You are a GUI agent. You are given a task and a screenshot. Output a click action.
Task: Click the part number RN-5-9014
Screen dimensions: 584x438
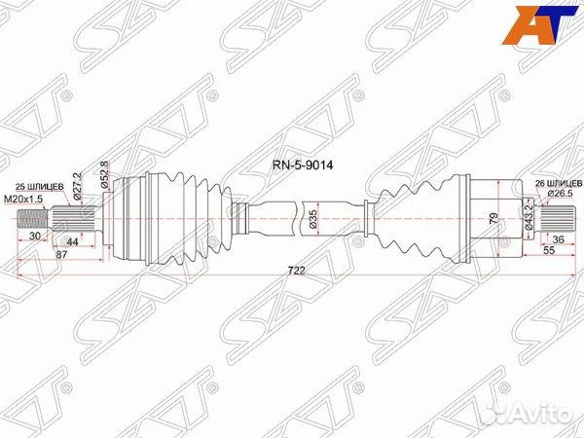(x=303, y=164)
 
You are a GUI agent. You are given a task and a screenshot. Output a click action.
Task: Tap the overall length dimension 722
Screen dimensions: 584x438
(x=297, y=271)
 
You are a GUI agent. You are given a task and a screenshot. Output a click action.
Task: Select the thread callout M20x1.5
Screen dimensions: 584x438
(x=23, y=200)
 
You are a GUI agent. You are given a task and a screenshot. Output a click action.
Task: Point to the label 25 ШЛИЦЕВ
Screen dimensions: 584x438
(x=39, y=186)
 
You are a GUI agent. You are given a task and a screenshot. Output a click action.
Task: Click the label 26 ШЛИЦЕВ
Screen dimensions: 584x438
(x=559, y=183)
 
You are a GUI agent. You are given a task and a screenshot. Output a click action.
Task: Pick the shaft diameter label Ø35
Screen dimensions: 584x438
(x=312, y=219)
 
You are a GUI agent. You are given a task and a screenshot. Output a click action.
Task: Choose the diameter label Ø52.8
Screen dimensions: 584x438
(x=105, y=175)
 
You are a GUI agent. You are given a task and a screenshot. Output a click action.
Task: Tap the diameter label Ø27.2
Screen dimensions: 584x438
(x=78, y=186)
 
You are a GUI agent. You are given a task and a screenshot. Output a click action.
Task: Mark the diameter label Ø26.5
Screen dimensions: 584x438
(x=560, y=194)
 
